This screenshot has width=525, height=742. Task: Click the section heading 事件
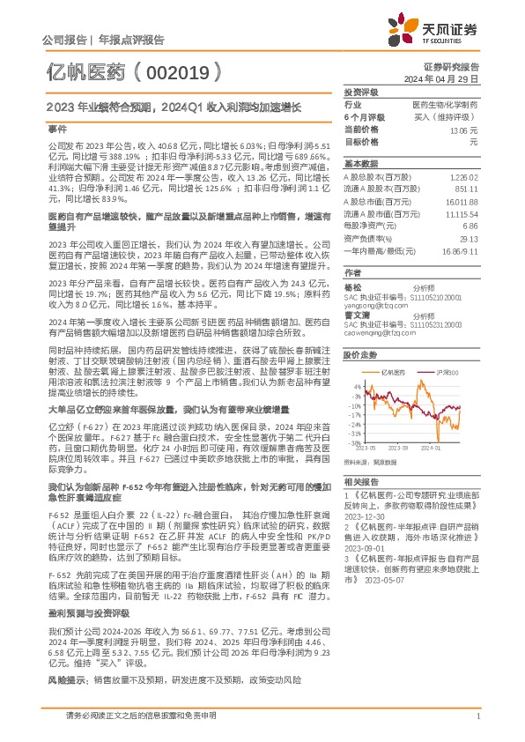[56, 129]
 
